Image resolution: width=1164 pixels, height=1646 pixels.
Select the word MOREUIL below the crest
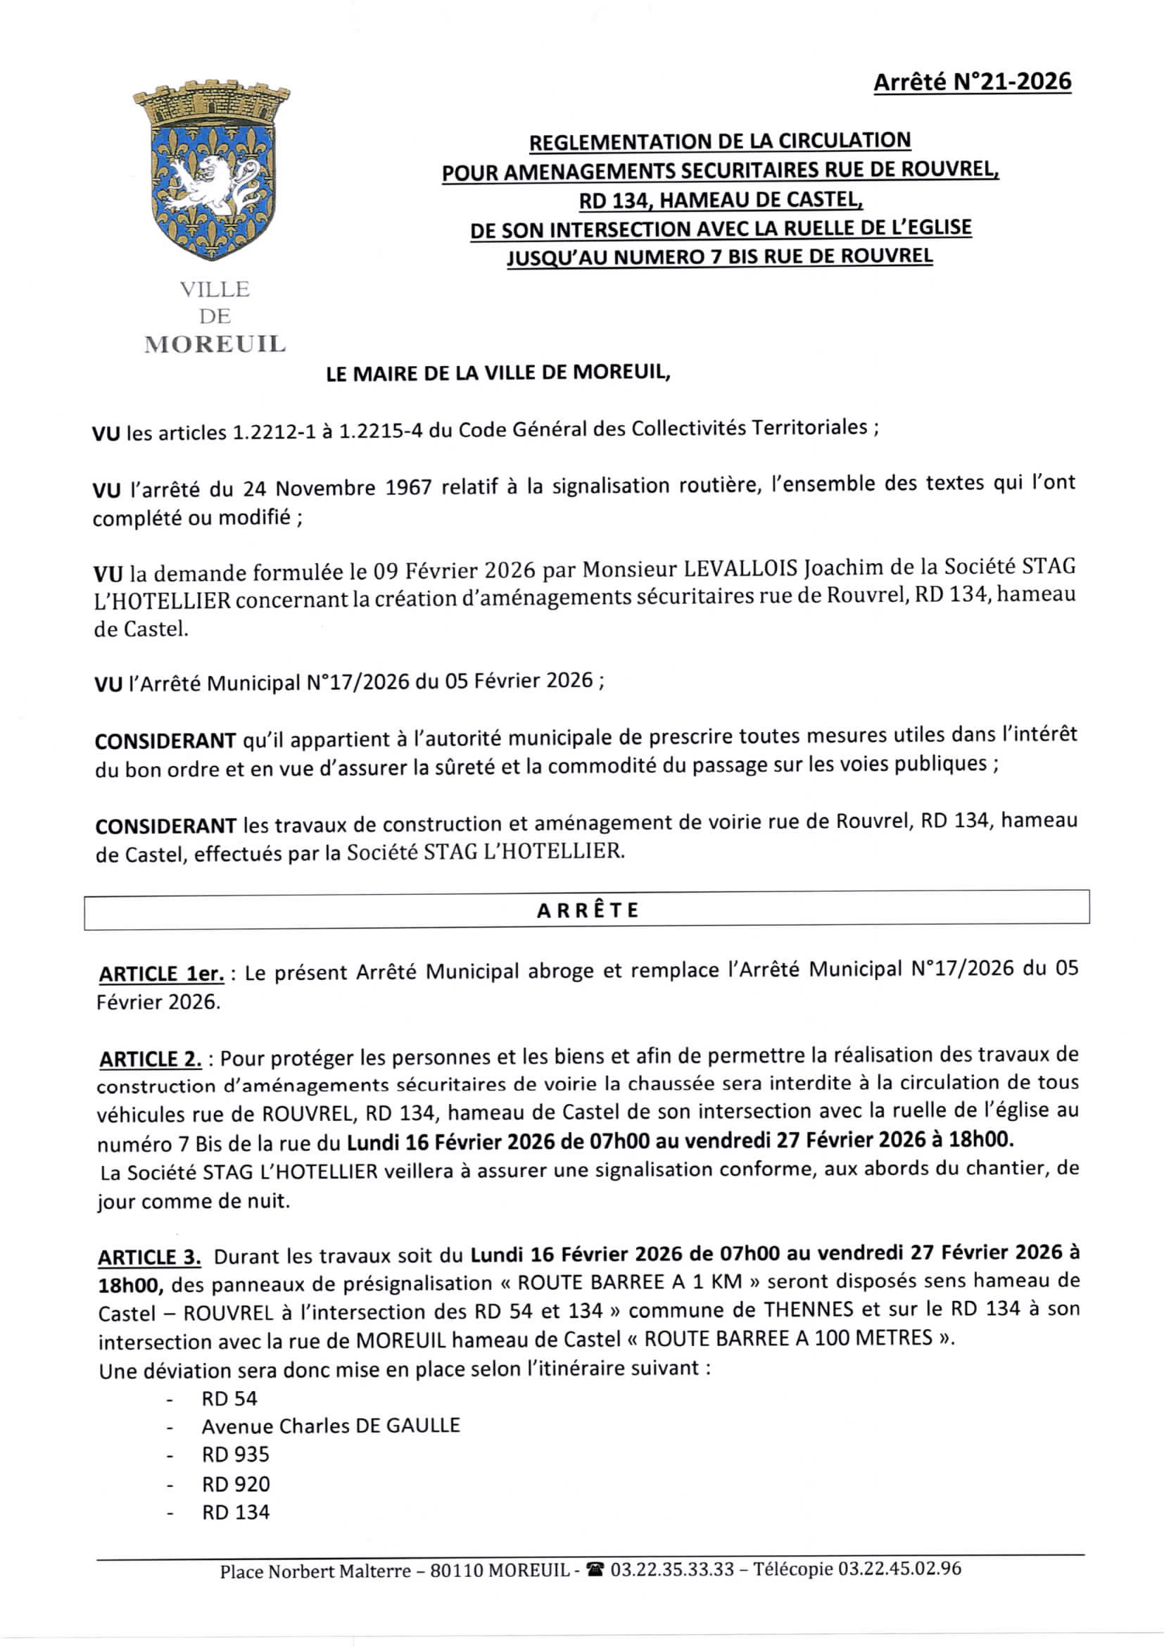coord(215,345)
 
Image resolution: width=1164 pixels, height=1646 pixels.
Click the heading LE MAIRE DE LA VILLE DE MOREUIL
coord(498,373)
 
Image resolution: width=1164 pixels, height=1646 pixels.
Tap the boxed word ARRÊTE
coord(587,910)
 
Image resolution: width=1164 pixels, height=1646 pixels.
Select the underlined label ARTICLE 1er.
coord(161,974)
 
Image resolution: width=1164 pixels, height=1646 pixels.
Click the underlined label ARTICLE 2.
coord(151,1059)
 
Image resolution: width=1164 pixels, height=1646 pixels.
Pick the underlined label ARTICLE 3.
coord(150,1257)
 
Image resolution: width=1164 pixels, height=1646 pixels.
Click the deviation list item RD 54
coord(229,1399)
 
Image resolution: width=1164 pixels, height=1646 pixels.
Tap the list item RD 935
coord(235,1455)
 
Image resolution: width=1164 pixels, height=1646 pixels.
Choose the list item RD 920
coord(236,1483)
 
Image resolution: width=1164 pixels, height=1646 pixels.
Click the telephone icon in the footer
coord(595,1570)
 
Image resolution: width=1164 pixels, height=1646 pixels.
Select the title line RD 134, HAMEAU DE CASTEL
coord(721,200)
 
